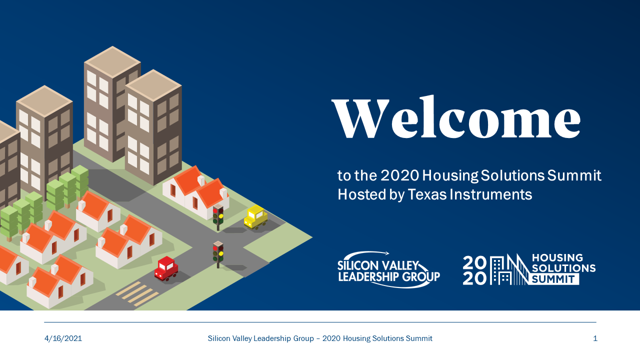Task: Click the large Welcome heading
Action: [456, 117]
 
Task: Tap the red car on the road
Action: [166, 268]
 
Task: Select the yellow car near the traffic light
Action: [255, 217]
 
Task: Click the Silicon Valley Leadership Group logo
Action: [388, 269]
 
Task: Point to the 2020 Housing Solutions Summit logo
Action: [529, 269]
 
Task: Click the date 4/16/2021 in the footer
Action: [63, 338]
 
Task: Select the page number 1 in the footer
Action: [595, 338]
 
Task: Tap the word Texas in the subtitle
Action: [427, 194]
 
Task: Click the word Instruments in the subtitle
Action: [491, 194]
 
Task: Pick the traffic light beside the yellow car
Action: [218, 216]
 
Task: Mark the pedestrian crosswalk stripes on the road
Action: [137, 294]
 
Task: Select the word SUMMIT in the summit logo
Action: [553, 279]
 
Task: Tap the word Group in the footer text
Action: [301, 338]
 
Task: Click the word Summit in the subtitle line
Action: [574, 175]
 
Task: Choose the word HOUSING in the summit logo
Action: [557, 258]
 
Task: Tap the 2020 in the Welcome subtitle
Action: [399, 175]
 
